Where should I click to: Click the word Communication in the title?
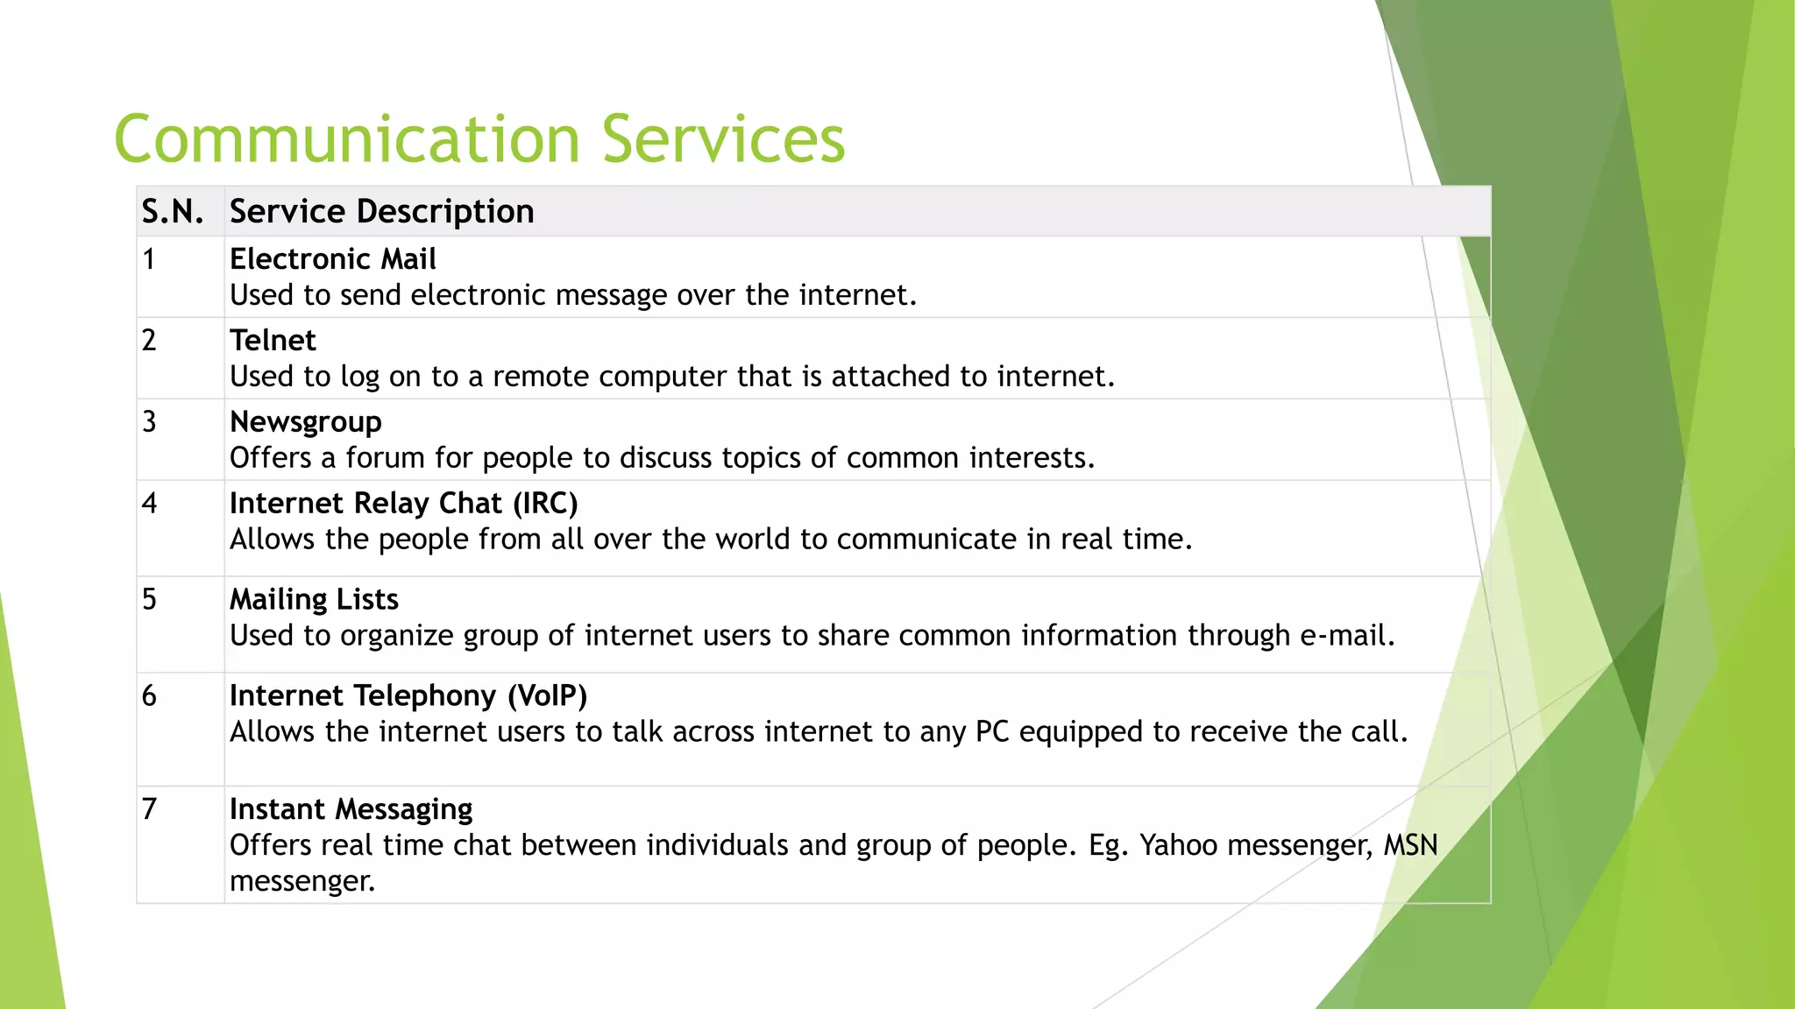[x=347, y=140]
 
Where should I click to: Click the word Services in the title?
[x=722, y=140]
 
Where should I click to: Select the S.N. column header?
[x=173, y=212]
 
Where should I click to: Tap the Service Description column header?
[x=381, y=212]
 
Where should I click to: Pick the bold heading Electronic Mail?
[x=332, y=259]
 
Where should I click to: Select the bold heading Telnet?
[x=273, y=341]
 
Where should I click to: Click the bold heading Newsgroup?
[x=305, y=422]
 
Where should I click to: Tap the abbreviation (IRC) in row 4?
[x=545, y=504]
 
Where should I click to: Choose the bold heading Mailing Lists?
[x=314, y=600]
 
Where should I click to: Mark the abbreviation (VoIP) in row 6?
[x=547, y=696]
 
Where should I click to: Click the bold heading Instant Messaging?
[x=351, y=809]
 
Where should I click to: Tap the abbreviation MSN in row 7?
[x=1410, y=845]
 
